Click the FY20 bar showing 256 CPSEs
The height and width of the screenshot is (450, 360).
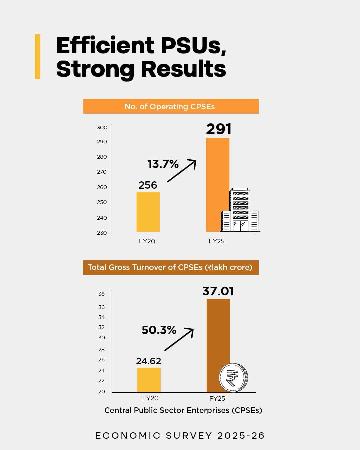coord(148,212)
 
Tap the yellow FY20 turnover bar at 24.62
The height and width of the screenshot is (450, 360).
coord(149,380)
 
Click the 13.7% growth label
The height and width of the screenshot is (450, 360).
coord(163,164)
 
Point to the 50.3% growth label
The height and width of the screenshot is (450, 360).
coord(159,330)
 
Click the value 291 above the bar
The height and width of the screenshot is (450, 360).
coord(218,129)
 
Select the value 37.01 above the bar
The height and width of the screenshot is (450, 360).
coord(218,291)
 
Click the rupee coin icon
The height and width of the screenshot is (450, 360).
coord(233,378)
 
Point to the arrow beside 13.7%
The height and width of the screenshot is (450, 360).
coord(182,170)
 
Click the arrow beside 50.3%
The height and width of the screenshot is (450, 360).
coord(179,339)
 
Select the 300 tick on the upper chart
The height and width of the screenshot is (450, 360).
coord(102,127)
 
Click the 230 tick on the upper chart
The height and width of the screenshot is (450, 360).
coord(102,233)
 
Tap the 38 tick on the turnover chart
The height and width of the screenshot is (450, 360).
coord(101,294)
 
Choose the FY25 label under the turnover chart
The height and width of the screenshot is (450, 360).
coord(217,398)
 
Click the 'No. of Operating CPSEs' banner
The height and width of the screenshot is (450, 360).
coord(171,106)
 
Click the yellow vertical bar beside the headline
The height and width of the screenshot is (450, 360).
coord(38,56)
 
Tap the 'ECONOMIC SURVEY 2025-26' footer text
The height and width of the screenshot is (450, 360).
coord(180,436)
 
